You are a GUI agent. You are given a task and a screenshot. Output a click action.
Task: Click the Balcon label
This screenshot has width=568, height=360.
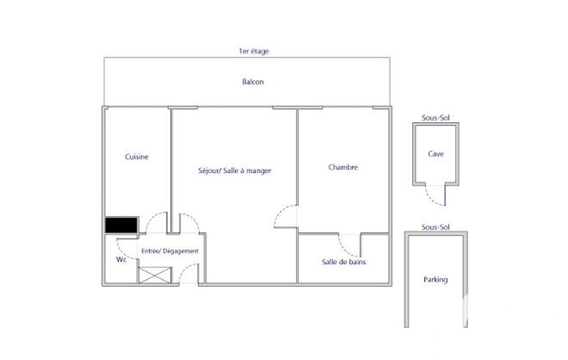pyautogui.click(x=253, y=82)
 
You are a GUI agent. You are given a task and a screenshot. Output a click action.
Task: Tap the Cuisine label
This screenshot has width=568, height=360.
pyautogui.click(x=136, y=157)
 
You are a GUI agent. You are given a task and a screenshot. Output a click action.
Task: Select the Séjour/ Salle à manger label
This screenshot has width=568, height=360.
pyautogui.click(x=235, y=171)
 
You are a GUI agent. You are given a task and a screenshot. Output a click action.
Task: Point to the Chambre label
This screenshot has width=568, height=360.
pyautogui.click(x=343, y=167)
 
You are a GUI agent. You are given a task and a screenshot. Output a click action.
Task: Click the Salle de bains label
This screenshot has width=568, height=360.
pyautogui.click(x=344, y=262)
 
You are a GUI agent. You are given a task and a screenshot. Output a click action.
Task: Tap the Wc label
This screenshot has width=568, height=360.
pyautogui.click(x=121, y=260)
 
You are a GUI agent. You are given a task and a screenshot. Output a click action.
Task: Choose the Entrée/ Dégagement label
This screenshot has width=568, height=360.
pyautogui.click(x=170, y=251)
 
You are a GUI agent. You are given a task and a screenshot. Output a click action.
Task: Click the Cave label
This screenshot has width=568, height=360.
pyautogui.click(x=436, y=154)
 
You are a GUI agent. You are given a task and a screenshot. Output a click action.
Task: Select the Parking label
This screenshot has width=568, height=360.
pyautogui.click(x=436, y=280)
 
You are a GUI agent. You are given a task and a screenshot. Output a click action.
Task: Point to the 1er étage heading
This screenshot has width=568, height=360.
pyautogui.click(x=254, y=51)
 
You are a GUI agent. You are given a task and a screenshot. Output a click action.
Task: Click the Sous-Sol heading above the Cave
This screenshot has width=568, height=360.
pyautogui.click(x=436, y=118)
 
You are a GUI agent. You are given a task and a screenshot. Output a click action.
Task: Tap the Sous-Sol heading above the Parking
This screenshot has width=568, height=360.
pyautogui.click(x=436, y=227)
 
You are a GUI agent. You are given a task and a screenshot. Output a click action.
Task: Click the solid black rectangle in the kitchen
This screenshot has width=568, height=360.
pyautogui.click(x=121, y=225)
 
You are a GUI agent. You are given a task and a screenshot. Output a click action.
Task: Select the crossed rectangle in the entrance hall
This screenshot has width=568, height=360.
pyautogui.click(x=155, y=275)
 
